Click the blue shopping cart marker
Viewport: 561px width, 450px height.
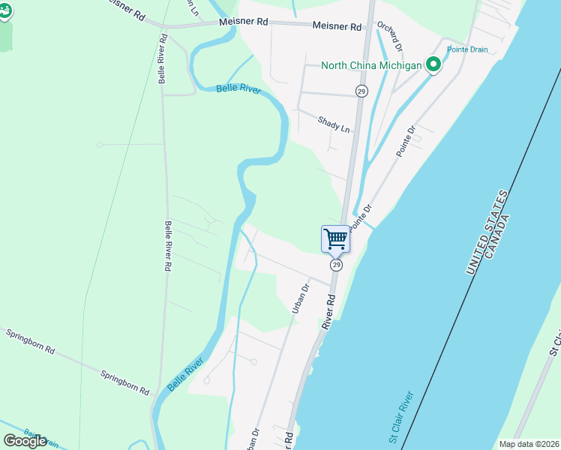click(x=335, y=239)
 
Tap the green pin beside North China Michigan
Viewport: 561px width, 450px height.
click(x=433, y=65)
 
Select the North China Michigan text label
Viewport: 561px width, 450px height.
click(x=370, y=65)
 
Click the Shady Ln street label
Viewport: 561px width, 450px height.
click(x=334, y=124)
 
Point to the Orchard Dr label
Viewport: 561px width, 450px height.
click(x=390, y=36)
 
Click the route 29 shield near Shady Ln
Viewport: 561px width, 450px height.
click(x=361, y=91)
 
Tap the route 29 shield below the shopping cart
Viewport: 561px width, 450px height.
click(x=337, y=265)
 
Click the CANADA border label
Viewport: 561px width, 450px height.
click(x=498, y=236)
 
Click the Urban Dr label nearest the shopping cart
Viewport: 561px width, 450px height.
click(x=300, y=298)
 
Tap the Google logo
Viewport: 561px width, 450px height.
click(x=25, y=441)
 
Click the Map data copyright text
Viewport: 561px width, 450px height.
click(x=528, y=444)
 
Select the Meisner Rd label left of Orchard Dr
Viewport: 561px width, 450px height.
click(x=244, y=22)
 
